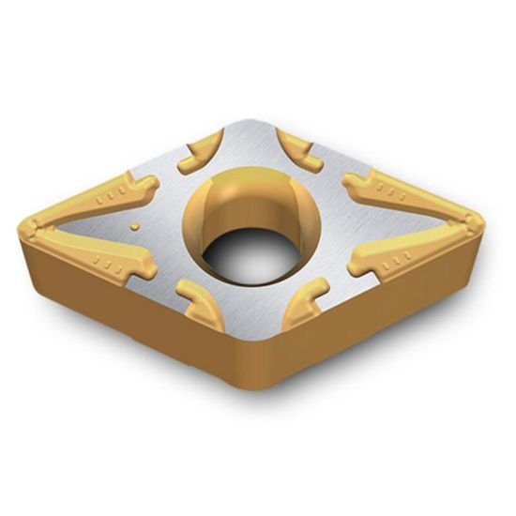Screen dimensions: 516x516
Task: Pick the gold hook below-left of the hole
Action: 203,304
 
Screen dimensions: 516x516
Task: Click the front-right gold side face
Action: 375,310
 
